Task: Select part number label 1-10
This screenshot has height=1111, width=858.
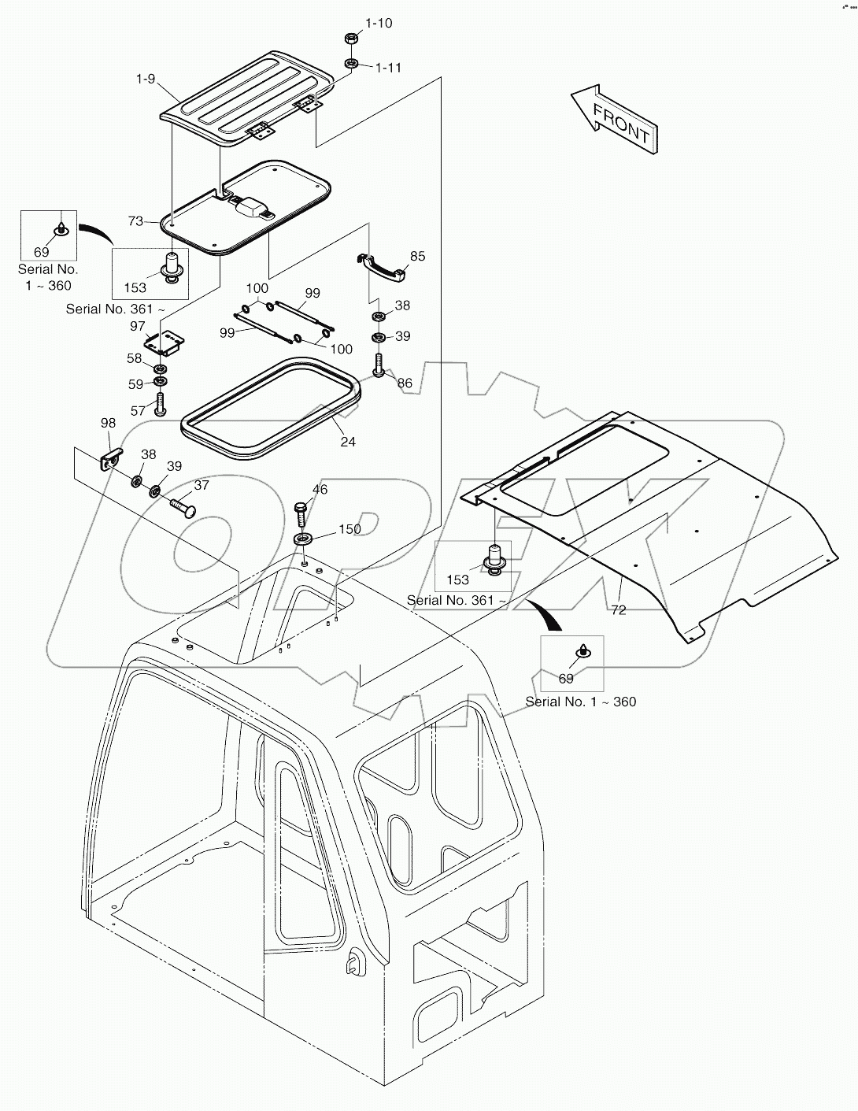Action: pos(378,23)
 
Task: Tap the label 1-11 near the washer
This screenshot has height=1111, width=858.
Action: pos(388,68)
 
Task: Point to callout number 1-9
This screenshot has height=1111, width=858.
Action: pos(146,80)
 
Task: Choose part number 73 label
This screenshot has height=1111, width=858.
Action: pos(135,221)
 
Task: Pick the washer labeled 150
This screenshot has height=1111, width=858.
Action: pos(304,540)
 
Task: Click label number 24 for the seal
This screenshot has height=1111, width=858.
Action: pos(348,442)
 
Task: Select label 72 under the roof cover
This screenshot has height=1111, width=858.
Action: pos(619,609)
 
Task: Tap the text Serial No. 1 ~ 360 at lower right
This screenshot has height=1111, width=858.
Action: pos(580,702)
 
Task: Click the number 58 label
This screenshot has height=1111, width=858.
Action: pos(135,359)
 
